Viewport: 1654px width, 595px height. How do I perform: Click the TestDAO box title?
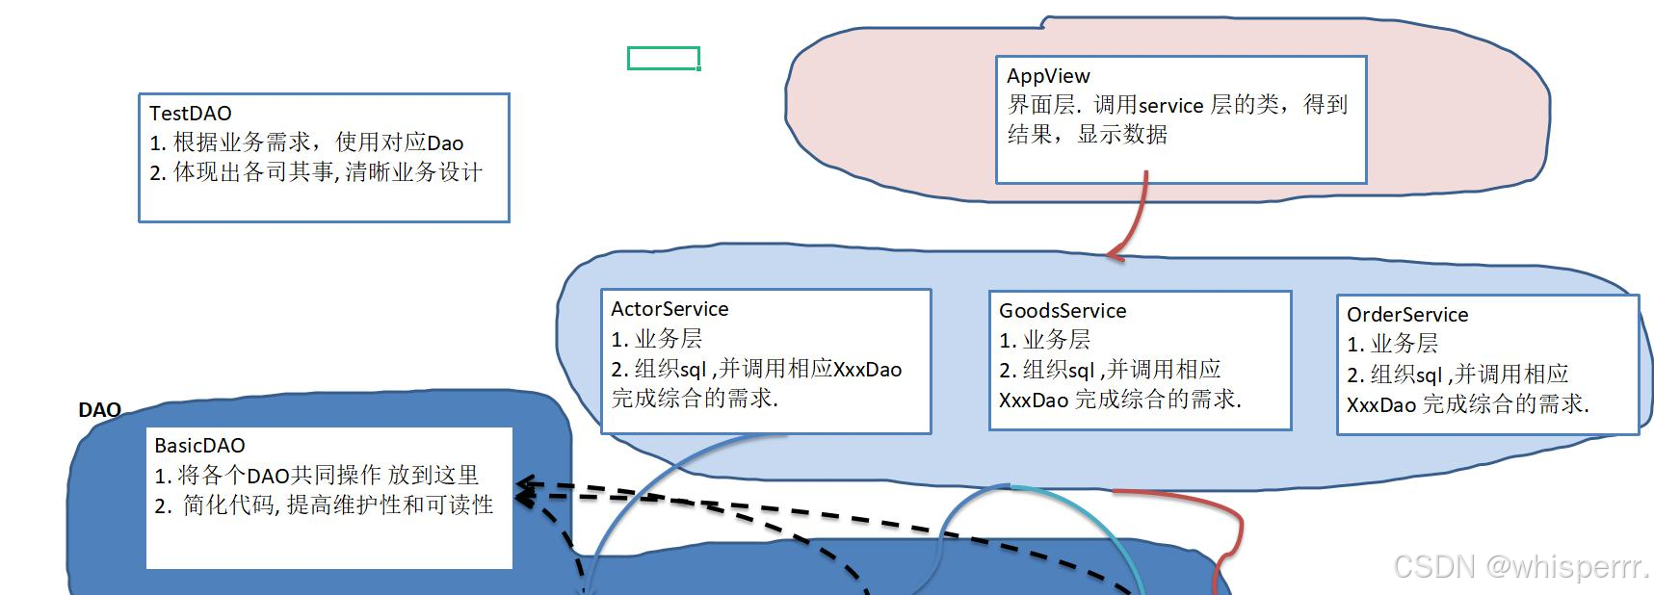pos(190,114)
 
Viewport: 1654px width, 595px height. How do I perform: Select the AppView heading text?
pos(1048,76)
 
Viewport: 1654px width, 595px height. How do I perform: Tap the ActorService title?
pos(669,309)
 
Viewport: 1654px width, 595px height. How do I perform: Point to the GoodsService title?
pos(1063,311)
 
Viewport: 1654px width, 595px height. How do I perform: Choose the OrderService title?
pos(1406,315)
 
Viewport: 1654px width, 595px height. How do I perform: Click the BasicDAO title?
pos(199,446)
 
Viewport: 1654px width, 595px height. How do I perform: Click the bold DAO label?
pos(99,410)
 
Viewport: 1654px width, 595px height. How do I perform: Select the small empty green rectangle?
pos(663,59)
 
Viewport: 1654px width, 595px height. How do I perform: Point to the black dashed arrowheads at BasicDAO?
pos(525,490)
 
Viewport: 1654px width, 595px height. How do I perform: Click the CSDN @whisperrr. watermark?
pos(1521,566)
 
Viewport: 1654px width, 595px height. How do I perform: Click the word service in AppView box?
pos(1170,106)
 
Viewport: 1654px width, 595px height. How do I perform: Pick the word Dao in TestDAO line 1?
pos(445,143)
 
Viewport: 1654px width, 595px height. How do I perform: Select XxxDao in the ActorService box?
pos(867,370)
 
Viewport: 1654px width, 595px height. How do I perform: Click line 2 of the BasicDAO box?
pos(324,505)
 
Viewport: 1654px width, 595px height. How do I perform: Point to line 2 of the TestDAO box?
pos(316,172)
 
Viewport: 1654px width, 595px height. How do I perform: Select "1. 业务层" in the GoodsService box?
pos(1044,340)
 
